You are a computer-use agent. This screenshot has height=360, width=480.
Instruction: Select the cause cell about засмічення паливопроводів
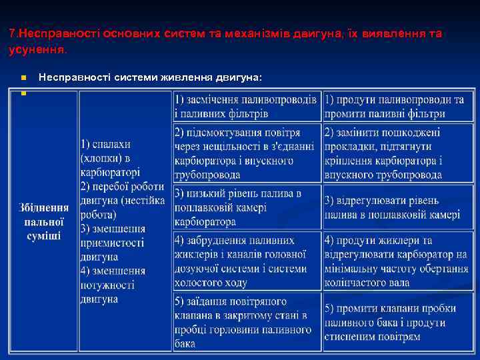(246, 106)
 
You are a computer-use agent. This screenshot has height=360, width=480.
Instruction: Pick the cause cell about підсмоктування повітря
(246, 153)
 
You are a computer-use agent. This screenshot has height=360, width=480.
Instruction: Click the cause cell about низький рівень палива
(246, 207)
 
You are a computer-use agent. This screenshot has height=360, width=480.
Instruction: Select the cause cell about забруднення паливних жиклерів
(246, 261)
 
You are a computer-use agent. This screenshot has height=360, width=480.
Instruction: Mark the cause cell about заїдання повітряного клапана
(246, 322)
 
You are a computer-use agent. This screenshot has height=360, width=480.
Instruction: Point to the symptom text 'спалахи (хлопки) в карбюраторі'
(110, 158)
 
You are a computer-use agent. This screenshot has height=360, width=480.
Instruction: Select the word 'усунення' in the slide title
(37, 49)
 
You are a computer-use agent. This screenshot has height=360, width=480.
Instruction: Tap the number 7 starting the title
(13, 33)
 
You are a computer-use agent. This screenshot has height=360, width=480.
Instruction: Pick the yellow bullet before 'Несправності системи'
(23, 78)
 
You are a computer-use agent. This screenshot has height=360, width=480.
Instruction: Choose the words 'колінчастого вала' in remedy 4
(367, 282)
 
